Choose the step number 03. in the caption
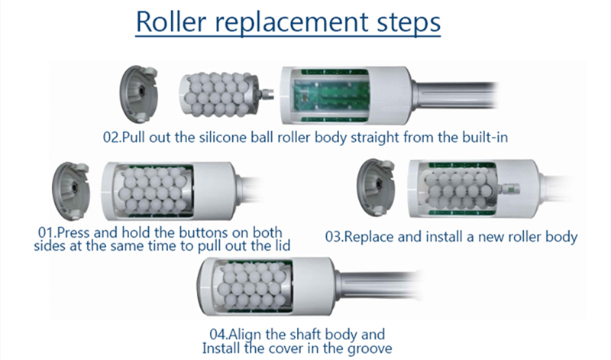pos(336,237)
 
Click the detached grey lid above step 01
pos(70,191)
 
